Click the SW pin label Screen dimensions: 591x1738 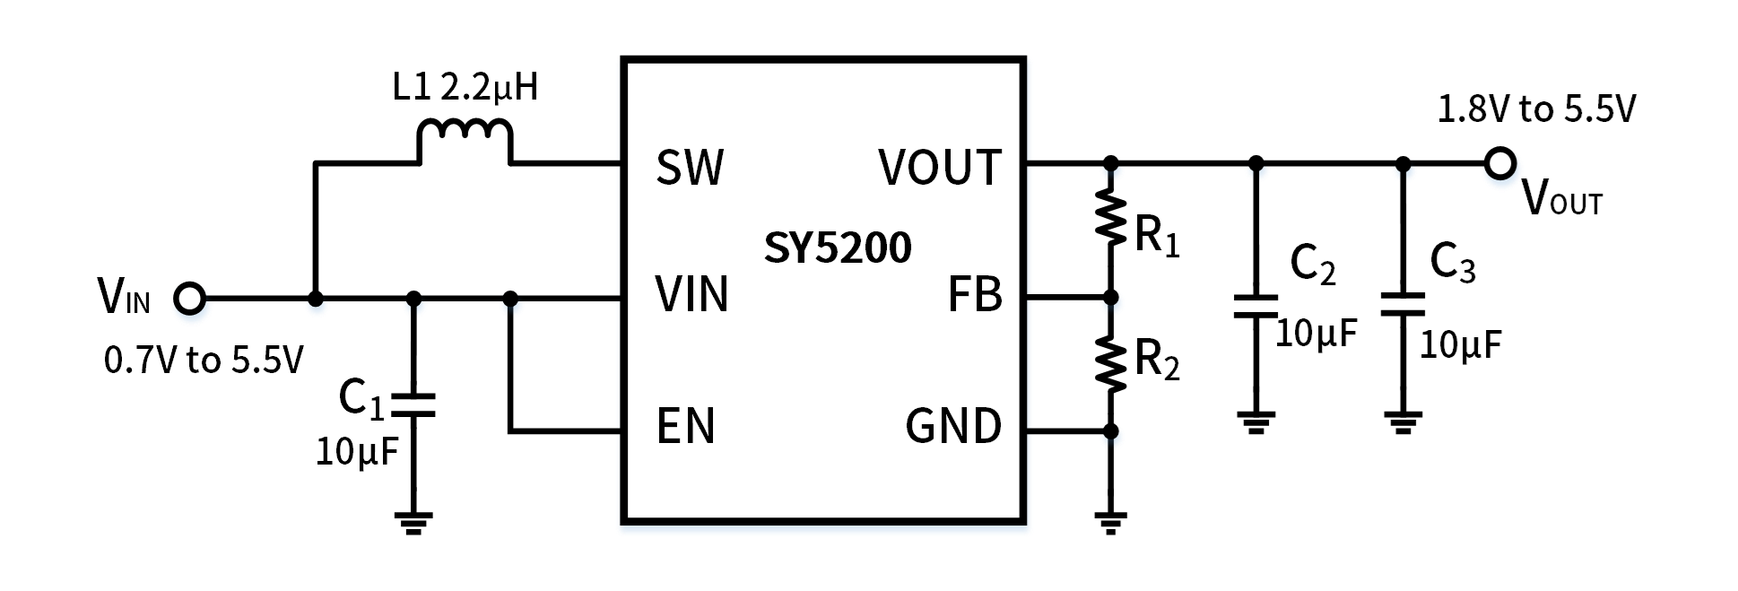pos(690,168)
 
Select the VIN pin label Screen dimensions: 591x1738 pos(691,294)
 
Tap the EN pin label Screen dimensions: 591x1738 pos(686,426)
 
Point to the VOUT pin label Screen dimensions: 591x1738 pos(940,168)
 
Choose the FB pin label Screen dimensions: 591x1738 pos(975,294)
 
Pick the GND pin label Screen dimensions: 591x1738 pos(953,426)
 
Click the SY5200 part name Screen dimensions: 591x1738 pos(838,248)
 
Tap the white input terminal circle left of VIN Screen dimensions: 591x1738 pos(190,298)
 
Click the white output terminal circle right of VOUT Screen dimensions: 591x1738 pos(1500,164)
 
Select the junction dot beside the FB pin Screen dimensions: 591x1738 pos(1112,302)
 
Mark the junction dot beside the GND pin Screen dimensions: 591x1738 pos(1112,437)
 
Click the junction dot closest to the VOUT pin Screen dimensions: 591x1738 pos(1112,169)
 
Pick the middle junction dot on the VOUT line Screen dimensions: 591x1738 pos(1257,169)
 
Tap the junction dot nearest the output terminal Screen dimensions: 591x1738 pos(1404,169)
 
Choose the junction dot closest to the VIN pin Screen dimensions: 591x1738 pos(511,304)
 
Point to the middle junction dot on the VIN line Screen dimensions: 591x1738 pos(414,304)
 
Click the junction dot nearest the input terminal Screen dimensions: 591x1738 pos(317,304)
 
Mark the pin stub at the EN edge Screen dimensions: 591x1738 pos(619,432)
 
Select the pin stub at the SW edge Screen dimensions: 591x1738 pos(619,162)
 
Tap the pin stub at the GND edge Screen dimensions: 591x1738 pos(1030,432)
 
